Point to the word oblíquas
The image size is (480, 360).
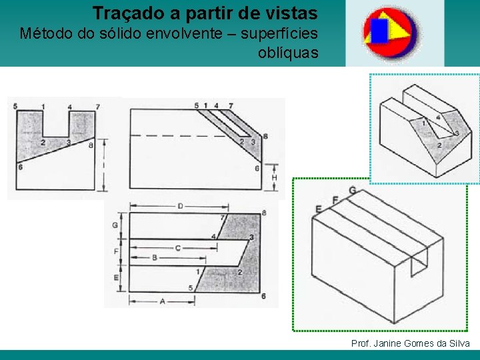pos(288,53)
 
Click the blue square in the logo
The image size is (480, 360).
pos(379,31)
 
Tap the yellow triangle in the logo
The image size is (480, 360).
pos(398,28)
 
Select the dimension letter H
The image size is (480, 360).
pos(274,178)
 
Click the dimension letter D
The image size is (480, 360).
pos(180,206)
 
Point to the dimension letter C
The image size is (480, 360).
pos(178,248)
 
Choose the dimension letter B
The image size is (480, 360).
pos(155,257)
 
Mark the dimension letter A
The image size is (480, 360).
pos(163,301)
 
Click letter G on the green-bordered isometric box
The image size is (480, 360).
pos(352,191)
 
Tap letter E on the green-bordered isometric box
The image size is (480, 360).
pos(319,209)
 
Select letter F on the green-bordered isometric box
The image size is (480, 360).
pos(335,200)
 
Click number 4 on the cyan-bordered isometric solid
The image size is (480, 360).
pos(438,118)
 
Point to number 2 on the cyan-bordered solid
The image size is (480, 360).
pos(439,145)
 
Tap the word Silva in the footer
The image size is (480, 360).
pos(459,343)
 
